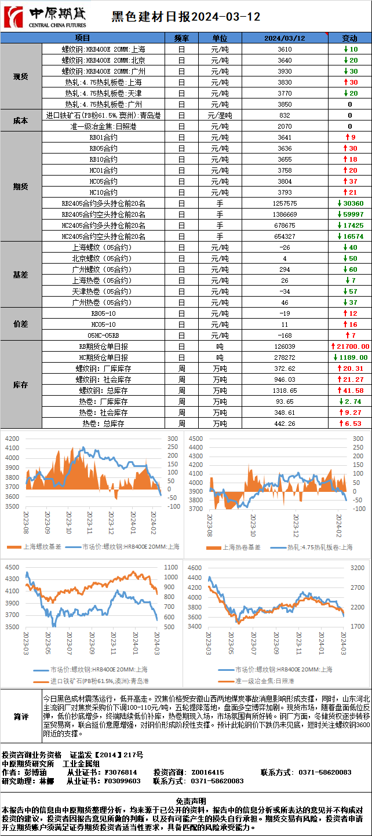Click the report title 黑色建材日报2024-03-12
(185, 17)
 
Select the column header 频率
(181, 38)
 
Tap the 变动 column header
(350, 38)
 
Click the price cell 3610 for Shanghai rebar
(285, 49)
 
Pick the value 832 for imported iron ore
(285, 115)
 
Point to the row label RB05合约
(104, 148)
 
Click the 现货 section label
(21, 76)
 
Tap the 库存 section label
(21, 385)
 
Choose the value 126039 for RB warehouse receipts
(285, 346)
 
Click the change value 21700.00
(350, 346)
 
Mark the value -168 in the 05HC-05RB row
(285, 335)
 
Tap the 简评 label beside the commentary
(21, 717)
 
